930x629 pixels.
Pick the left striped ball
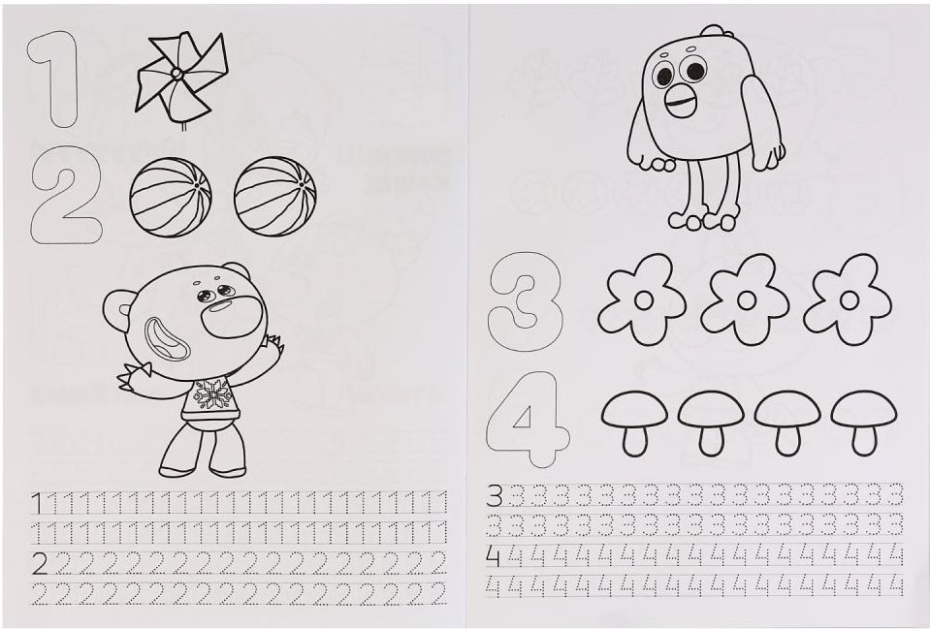[x=171, y=197]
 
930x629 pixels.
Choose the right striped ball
[x=274, y=197]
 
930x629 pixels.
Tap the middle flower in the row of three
[x=746, y=300]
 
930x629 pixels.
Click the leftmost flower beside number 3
[x=643, y=300]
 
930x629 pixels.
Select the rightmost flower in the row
[x=849, y=300]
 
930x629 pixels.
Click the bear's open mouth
[x=167, y=338]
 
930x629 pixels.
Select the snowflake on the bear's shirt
[x=211, y=393]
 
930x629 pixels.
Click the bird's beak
[x=681, y=102]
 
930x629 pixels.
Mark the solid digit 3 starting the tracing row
[x=495, y=495]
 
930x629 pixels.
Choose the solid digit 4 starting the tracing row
[x=494, y=556]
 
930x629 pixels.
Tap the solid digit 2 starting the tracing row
[x=40, y=563]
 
